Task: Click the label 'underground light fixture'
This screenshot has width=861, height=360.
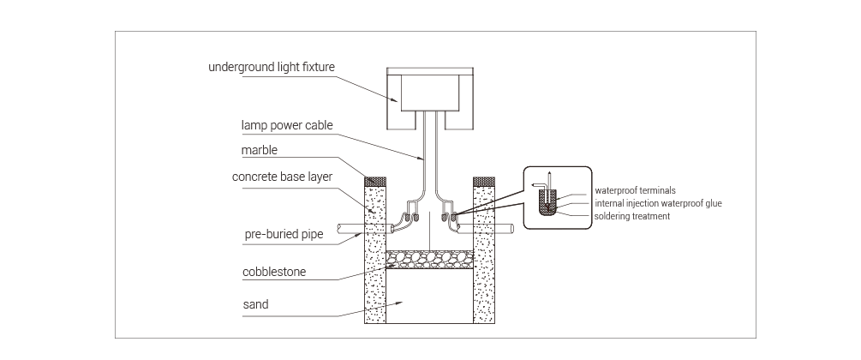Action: click(272, 67)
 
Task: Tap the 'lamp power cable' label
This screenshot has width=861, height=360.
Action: click(287, 125)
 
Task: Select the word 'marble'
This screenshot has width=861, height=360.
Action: click(260, 150)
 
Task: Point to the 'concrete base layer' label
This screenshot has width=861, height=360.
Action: click(282, 177)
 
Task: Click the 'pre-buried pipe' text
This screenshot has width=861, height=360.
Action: click(284, 234)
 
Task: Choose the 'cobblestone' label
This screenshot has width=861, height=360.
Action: click(274, 272)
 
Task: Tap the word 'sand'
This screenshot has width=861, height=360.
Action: click(256, 304)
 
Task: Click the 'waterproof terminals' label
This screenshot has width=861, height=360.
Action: click(636, 191)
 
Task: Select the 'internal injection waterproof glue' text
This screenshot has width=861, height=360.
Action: click(658, 203)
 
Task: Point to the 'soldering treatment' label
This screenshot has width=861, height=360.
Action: click(632, 216)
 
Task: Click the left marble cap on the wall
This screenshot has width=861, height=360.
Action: click(375, 181)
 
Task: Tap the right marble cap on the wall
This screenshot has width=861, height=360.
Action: click(484, 181)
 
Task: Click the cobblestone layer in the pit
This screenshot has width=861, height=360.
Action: click(429, 259)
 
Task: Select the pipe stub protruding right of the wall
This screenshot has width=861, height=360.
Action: click(504, 228)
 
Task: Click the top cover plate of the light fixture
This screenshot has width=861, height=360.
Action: click(429, 71)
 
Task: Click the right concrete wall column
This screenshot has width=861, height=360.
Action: click(484, 254)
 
